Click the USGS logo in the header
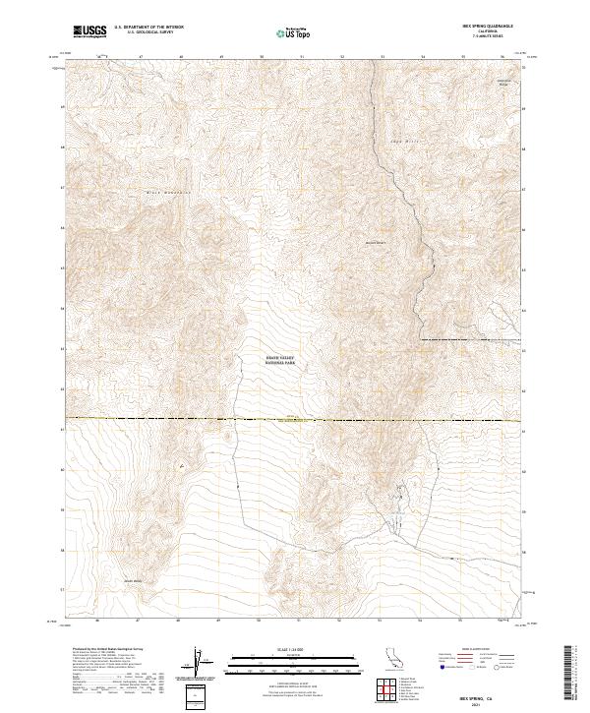point(90,31)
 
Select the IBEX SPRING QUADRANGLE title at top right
point(491,28)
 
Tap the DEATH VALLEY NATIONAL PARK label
point(280,360)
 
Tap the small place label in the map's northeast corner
point(503,83)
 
